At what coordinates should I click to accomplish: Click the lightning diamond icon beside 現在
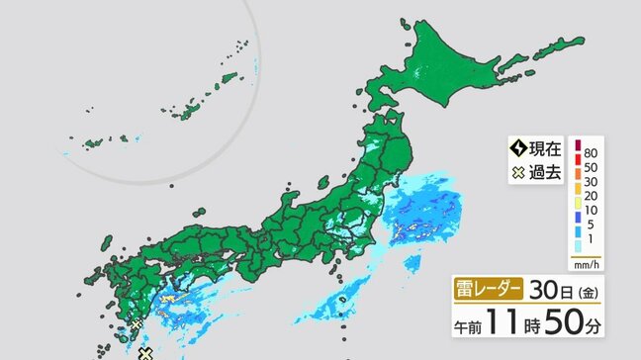(517, 149)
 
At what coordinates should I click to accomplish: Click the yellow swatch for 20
(577, 198)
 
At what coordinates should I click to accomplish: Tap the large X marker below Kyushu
(144, 352)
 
